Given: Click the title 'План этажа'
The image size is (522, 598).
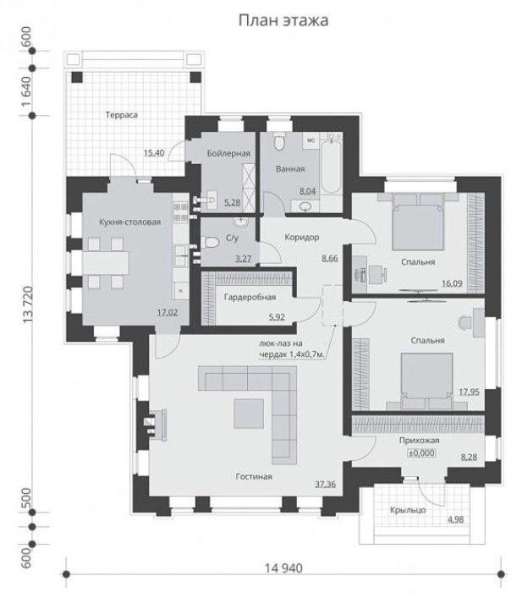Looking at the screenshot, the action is tap(283, 20).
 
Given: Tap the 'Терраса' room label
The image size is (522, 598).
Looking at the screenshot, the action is tap(121, 115).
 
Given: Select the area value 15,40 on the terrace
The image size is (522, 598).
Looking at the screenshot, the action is tap(154, 153).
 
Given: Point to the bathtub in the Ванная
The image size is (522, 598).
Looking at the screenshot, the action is tap(331, 164).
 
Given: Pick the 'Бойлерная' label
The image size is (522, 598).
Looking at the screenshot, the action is tap(228, 153).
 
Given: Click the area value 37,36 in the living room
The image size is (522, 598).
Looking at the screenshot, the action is tap(325, 485).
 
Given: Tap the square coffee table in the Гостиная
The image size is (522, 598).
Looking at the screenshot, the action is tap(249, 414).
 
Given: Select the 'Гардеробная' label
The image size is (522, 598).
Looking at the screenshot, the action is tap(250, 297).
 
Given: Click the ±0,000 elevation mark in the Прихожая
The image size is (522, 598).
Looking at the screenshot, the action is tap(421, 453).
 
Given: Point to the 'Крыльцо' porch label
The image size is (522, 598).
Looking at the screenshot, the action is tap(408, 510).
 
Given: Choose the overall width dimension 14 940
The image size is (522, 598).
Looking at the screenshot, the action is tap(283, 568).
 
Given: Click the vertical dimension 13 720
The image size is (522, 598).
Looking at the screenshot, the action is tap(28, 305).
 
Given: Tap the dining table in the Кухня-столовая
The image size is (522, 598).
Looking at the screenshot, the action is tap(105, 263).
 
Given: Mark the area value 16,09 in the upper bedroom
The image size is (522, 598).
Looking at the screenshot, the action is tap(452, 283).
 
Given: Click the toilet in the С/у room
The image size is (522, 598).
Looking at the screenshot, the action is tap(210, 242).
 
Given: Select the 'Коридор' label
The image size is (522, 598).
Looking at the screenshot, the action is tap(302, 237).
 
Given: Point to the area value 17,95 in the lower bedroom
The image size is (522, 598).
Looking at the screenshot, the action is tap(469, 392).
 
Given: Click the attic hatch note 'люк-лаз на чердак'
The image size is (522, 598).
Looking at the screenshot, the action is tap(293, 349).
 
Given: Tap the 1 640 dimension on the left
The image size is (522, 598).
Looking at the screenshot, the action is tap(26, 91).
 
